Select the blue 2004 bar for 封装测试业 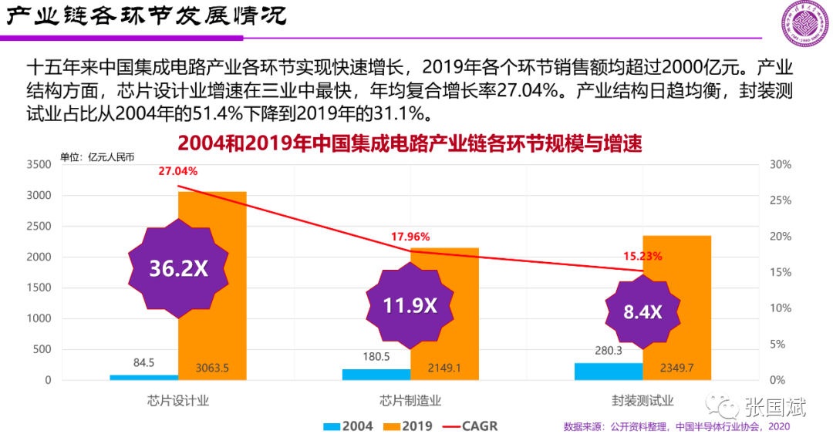609,372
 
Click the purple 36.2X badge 178,267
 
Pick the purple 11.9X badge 410,305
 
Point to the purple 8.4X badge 642,312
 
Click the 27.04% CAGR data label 178,171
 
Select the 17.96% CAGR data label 410,237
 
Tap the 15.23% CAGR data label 642,257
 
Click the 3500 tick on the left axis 38,165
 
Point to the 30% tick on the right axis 781,165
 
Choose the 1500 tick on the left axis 38,288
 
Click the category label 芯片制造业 410,401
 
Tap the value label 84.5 144,363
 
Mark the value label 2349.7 676,368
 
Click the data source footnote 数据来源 676,426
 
